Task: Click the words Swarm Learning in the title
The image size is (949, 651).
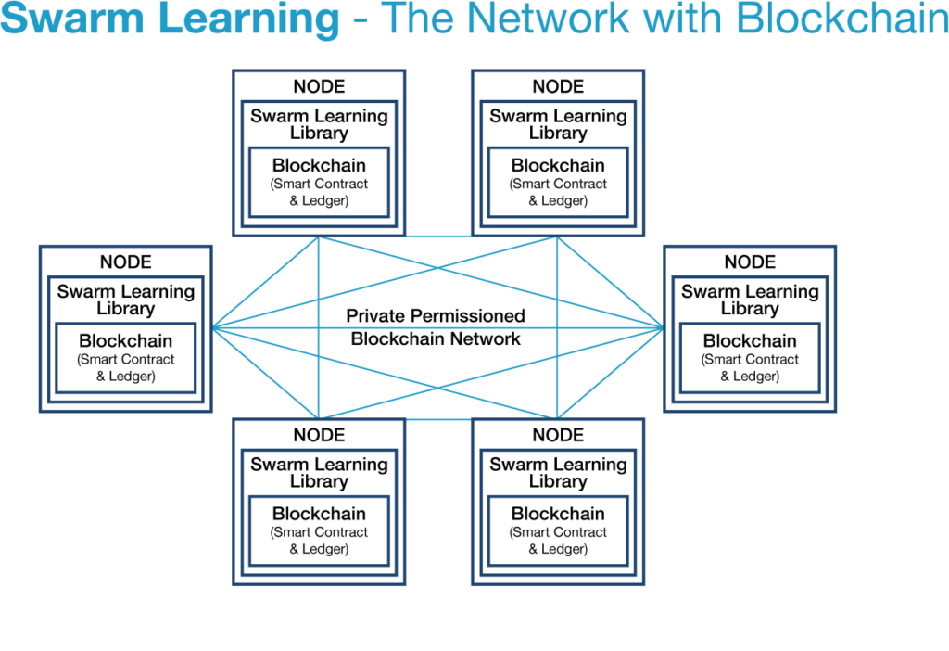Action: (170, 20)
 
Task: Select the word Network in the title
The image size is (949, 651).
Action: (545, 20)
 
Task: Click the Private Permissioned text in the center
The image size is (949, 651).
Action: (436, 316)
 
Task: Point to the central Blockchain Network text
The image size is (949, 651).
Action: (436, 339)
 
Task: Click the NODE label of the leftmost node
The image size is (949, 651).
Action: (126, 262)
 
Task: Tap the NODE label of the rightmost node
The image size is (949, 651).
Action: (750, 262)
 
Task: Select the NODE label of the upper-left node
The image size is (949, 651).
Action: (319, 87)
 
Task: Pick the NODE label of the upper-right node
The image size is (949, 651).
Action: (558, 87)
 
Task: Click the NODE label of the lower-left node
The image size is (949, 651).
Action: (319, 436)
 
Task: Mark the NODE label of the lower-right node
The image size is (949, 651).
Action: (558, 436)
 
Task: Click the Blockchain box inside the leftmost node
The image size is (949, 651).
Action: (126, 357)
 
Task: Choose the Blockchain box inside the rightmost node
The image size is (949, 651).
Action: (750, 357)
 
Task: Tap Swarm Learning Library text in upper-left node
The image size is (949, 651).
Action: (319, 124)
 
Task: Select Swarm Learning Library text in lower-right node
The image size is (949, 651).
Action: (558, 473)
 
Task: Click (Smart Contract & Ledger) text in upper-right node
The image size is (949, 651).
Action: (558, 193)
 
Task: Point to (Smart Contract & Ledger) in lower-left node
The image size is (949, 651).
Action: (319, 542)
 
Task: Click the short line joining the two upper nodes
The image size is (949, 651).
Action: (438, 236)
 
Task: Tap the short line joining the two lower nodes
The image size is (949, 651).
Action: (438, 419)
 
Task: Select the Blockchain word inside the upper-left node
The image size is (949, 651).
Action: (319, 166)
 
